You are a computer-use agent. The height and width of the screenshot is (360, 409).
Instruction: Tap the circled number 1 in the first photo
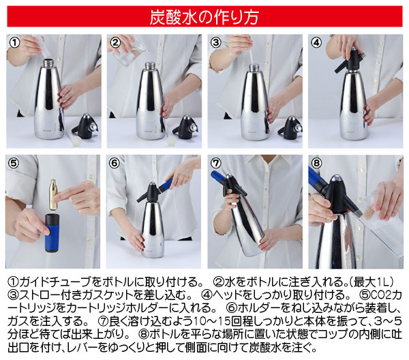click(14, 43)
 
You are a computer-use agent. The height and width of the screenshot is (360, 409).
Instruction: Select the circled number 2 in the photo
click(115, 43)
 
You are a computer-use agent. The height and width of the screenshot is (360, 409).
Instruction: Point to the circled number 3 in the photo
click(216, 43)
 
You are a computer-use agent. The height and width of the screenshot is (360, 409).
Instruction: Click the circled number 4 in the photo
click(317, 43)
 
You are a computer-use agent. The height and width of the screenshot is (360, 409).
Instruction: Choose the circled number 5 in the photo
click(14, 164)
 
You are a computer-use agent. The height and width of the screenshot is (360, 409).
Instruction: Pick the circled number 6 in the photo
click(115, 164)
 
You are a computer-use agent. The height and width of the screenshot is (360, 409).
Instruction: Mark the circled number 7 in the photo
click(216, 164)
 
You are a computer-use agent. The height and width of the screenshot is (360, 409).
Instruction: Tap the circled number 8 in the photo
click(317, 164)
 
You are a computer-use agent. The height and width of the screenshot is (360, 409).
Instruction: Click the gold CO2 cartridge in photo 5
click(52, 196)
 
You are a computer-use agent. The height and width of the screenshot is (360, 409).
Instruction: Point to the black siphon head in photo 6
click(152, 194)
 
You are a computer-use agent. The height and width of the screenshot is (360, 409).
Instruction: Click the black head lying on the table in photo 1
click(86, 125)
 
